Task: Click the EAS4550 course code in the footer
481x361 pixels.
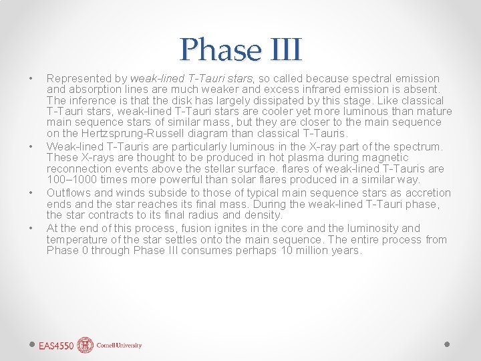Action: click(x=56, y=346)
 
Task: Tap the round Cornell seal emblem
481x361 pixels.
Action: click(x=85, y=345)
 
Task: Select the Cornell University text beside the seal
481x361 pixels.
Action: click(x=119, y=346)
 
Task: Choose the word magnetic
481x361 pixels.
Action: click(x=384, y=158)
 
